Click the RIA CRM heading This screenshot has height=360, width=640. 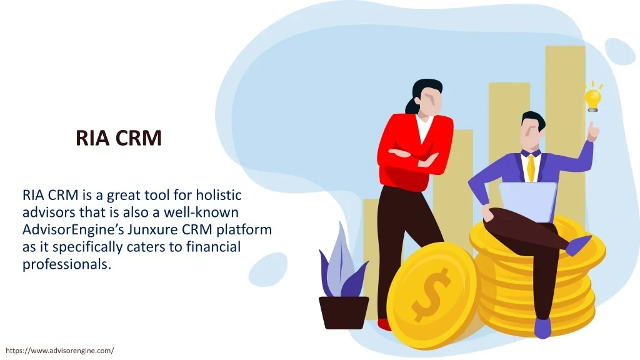pyautogui.click(x=119, y=137)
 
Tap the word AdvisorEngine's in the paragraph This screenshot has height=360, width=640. pyautogui.click(x=73, y=229)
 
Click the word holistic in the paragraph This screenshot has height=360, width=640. pyautogui.click(x=219, y=195)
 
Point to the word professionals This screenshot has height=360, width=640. pyautogui.click(x=67, y=264)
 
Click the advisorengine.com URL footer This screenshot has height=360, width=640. pyautogui.click(x=60, y=351)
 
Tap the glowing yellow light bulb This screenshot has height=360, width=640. pyautogui.click(x=592, y=98)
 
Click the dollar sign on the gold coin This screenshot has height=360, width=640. pyautogui.click(x=431, y=294)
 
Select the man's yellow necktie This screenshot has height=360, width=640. pyautogui.click(x=531, y=167)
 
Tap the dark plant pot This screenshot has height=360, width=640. pyautogui.click(x=344, y=312)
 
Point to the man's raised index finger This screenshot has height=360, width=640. pyautogui.click(x=591, y=126)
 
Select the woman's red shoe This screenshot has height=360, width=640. pyautogui.click(x=384, y=325)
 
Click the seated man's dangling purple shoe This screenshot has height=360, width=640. pyautogui.click(x=579, y=245)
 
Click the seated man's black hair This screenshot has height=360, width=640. pyautogui.click(x=534, y=120)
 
